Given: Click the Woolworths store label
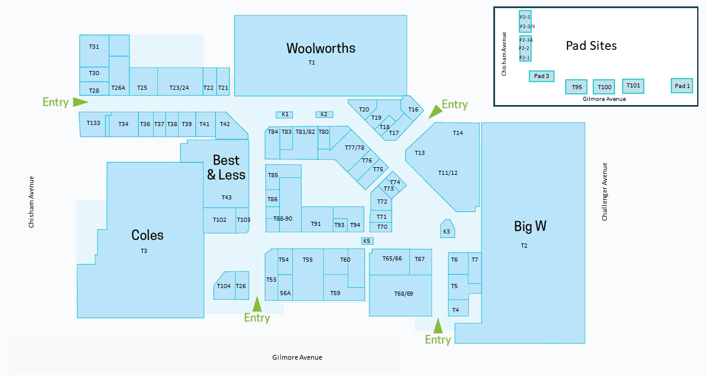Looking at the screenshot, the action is tap(321, 48).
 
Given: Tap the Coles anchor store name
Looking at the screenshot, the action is tap(147, 235).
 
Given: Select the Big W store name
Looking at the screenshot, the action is tap(530, 226).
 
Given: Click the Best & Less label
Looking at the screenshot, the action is tap(226, 167).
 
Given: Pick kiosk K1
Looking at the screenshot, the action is tap(284, 114).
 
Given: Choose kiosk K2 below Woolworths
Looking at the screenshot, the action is tap(325, 114).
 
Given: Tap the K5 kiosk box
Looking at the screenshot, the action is tap(367, 241).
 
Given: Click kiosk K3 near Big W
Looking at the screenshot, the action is tap(447, 229).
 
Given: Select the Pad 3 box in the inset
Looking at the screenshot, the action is tap(542, 76).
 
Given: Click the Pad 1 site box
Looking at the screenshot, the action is tap(682, 86).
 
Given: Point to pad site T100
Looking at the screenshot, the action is tap(604, 87).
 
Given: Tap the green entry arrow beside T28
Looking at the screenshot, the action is tap(80, 102).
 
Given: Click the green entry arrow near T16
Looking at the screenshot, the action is tap(435, 112).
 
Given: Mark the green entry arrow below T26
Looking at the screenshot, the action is tap(257, 304).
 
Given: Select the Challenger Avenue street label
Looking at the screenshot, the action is tap(604, 192).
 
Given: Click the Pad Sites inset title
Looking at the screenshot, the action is tap(592, 46).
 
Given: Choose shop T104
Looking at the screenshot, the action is tap(224, 286).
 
